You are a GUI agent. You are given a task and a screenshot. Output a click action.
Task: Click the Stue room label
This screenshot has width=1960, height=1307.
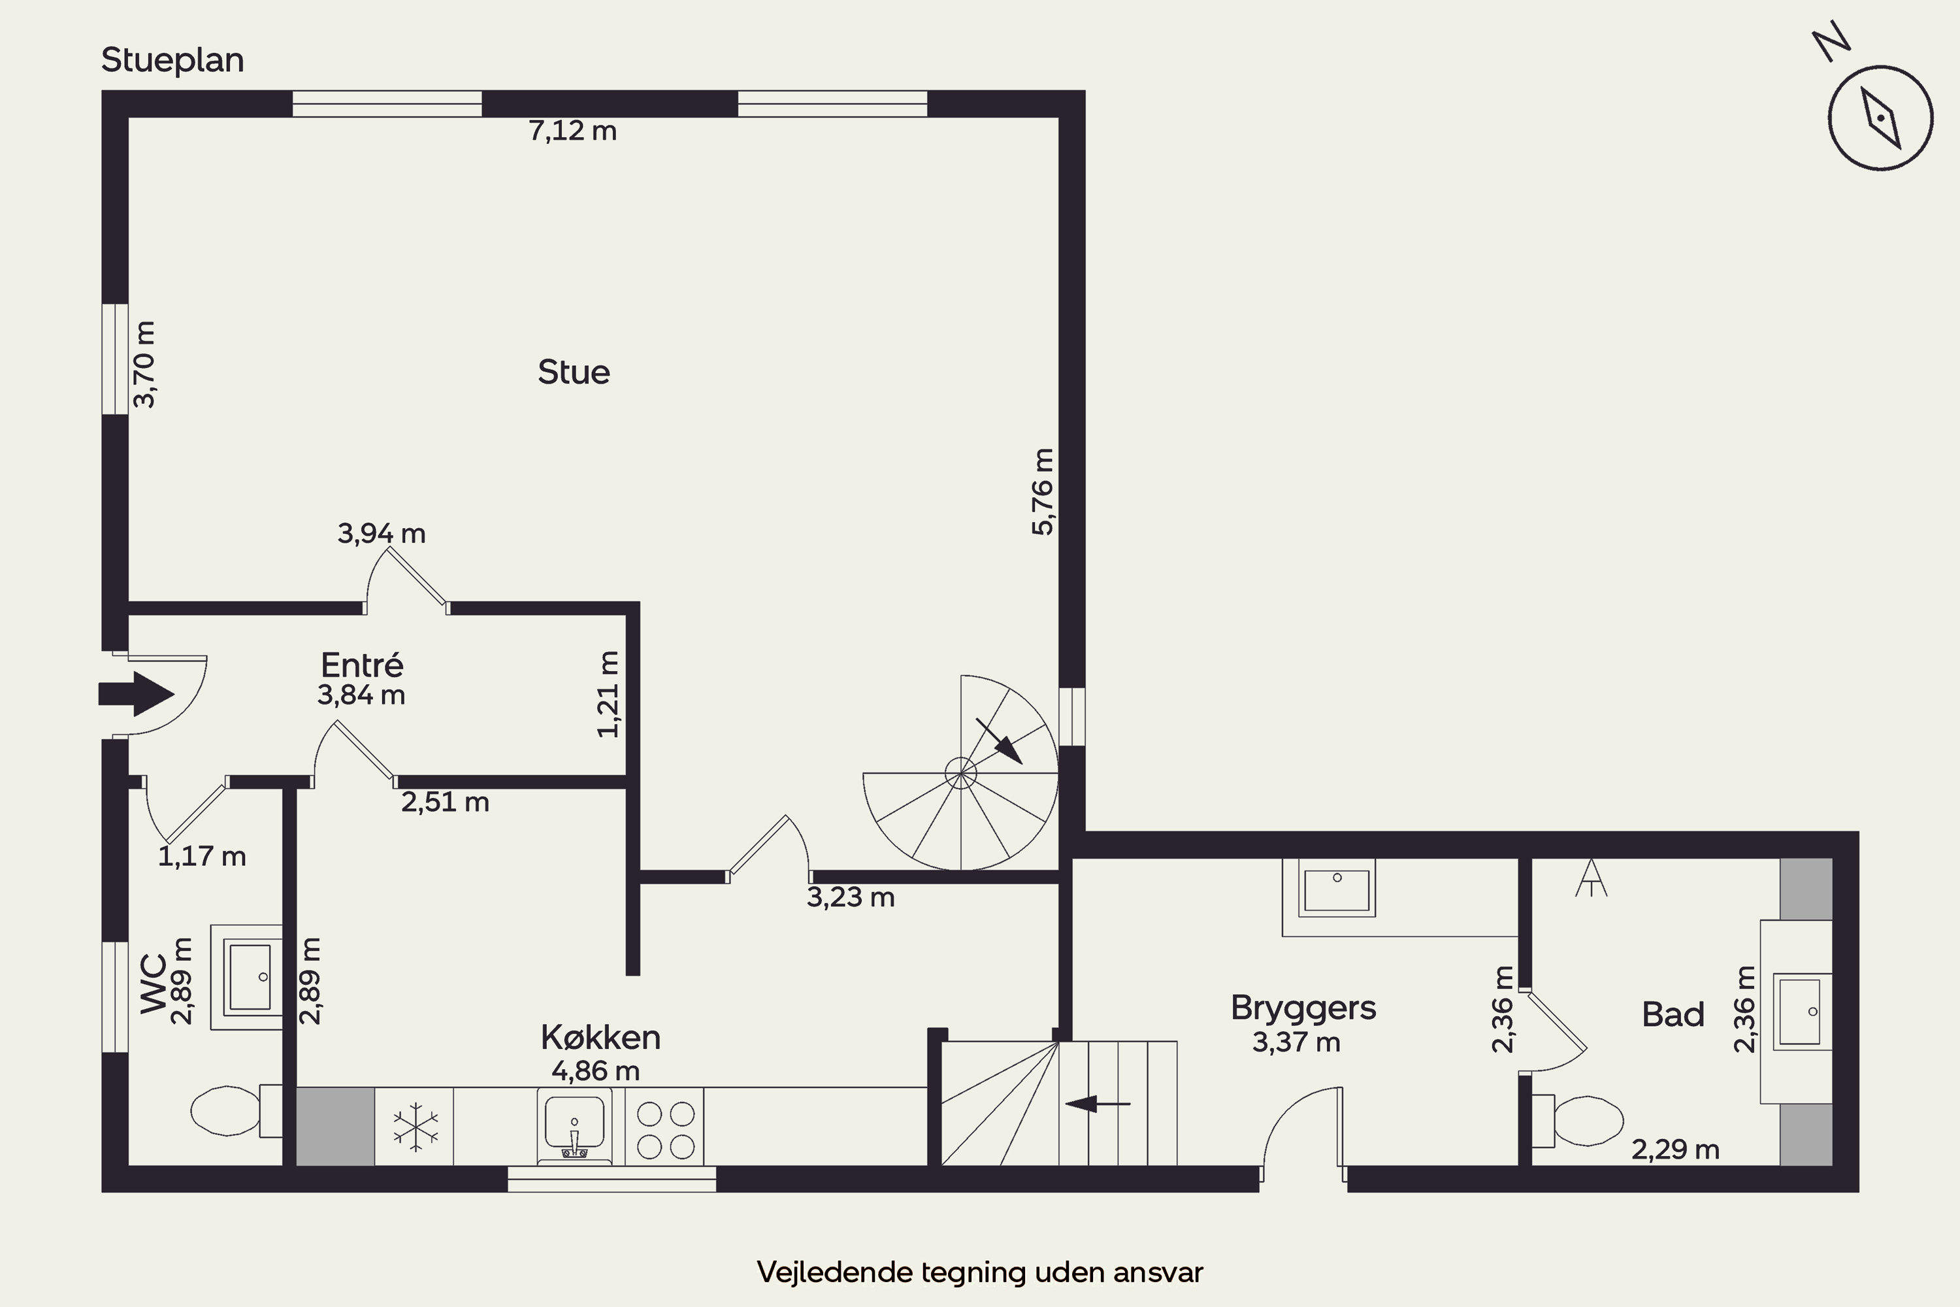574,372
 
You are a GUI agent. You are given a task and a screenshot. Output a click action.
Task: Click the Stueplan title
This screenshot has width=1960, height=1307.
172,60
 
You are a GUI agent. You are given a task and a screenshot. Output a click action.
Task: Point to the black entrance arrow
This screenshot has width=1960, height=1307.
136,693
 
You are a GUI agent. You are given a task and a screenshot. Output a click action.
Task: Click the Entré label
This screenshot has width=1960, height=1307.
362,665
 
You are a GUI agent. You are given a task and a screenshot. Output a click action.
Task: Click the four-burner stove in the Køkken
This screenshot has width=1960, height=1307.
665,1127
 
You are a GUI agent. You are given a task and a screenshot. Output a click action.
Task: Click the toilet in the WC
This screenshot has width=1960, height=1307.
237,1110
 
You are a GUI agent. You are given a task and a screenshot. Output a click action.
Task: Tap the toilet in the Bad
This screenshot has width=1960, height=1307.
1578,1120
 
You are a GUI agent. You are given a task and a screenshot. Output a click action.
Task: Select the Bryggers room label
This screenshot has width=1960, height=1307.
1303,1008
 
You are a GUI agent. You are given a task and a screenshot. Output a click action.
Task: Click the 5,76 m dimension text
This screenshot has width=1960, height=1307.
1043,492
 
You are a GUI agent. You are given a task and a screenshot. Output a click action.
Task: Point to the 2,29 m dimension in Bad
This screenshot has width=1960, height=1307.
1675,1150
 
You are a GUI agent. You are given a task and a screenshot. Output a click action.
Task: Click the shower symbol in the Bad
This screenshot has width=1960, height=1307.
1591,878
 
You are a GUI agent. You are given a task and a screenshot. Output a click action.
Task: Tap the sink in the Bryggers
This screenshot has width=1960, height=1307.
1337,889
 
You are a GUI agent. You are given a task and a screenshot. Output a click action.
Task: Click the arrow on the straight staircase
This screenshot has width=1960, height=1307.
1098,1104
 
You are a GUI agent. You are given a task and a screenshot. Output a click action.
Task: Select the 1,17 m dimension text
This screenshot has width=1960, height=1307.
202,856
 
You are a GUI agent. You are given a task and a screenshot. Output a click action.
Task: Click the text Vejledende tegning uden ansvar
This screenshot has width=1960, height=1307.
980,1272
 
